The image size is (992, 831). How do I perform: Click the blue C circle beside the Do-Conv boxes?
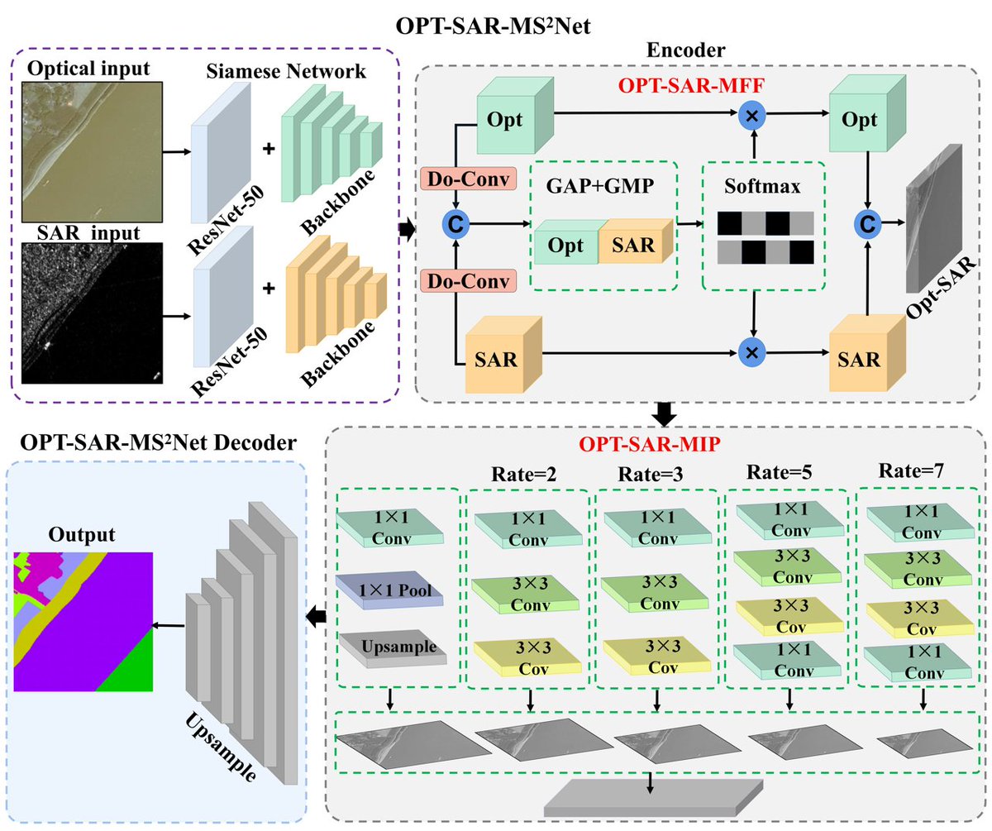point(454,222)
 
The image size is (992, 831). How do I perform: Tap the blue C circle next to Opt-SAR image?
point(866,222)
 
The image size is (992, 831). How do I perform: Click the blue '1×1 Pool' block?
point(389,590)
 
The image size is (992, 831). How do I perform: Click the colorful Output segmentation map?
point(83,621)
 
